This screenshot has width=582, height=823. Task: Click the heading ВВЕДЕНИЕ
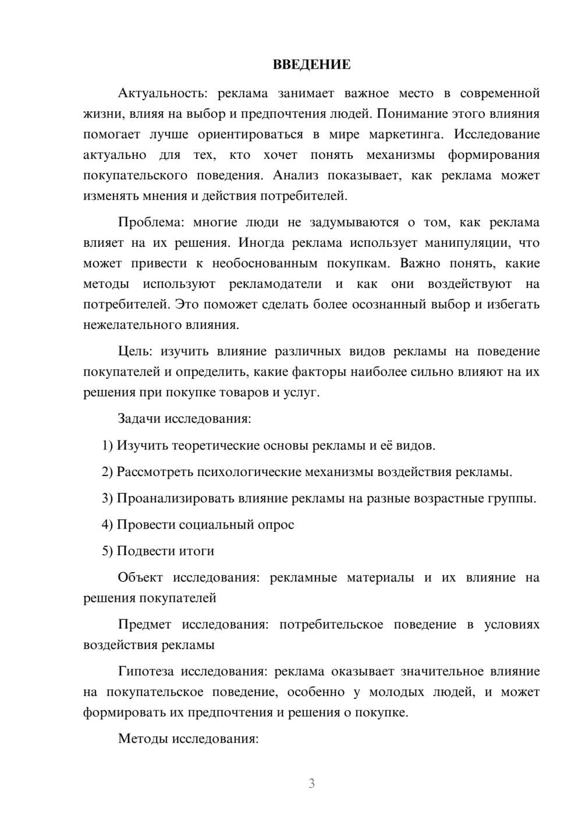[x=311, y=65]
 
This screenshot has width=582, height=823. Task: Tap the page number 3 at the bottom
[x=311, y=783]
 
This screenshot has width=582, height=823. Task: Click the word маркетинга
[x=406, y=134]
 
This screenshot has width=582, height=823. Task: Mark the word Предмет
[x=144, y=625]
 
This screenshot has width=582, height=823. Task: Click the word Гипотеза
[x=145, y=672]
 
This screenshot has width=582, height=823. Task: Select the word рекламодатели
[x=275, y=284]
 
